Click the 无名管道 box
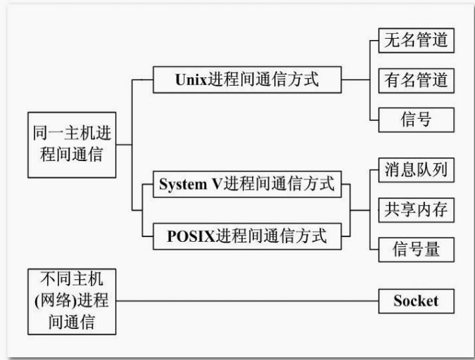[x=416, y=40]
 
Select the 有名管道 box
[x=416, y=80]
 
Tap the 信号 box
[x=416, y=120]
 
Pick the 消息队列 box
[x=416, y=169]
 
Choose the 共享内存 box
[x=416, y=209]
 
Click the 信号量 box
[x=416, y=249]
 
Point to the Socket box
[x=416, y=302]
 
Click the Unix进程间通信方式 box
[x=247, y=79]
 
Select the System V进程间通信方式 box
[x=246, y=185]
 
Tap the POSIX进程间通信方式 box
[x=246, y=236]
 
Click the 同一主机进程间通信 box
[x=71, y=144]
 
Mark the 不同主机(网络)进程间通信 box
[x=71, y=302]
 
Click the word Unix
[x=191, y=79]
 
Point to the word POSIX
[x=191, y=236]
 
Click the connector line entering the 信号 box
[x=374, y=120]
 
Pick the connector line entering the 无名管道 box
[x=374, y=41]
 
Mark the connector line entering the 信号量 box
[x=374, y=250]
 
